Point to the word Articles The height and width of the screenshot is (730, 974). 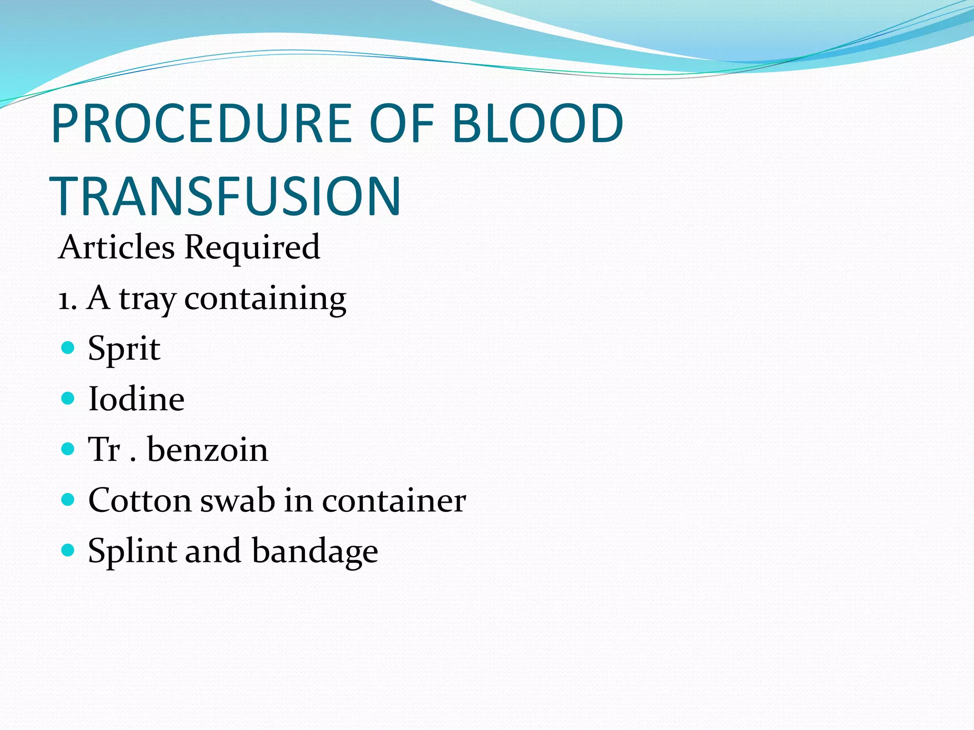(117, 247)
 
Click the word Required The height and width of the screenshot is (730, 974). (252, 248)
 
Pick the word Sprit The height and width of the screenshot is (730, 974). (124, 349)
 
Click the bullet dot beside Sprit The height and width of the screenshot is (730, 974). (68, 347)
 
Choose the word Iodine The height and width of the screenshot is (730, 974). (136, 399)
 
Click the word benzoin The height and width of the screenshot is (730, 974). (207, 450)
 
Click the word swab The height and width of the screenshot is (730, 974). (237, 500)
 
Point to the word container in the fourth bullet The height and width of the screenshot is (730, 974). (394, 500)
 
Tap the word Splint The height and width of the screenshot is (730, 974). (132, 551)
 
